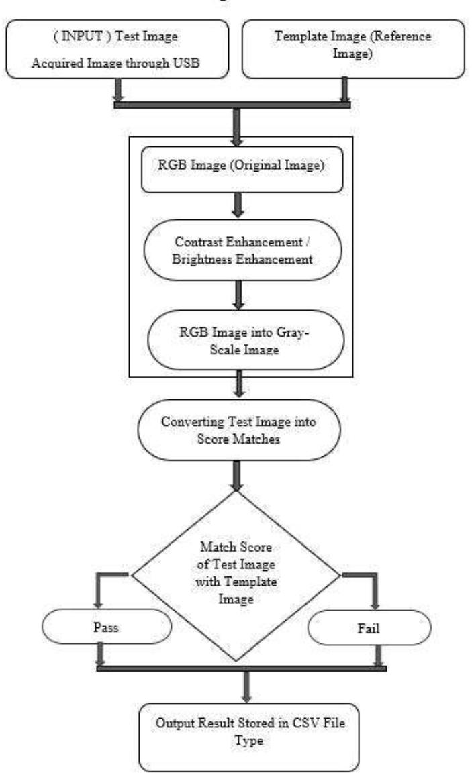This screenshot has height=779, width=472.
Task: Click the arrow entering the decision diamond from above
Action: (x=236, y=476)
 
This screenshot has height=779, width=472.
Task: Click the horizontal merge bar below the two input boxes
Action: (x=232, y=104)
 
